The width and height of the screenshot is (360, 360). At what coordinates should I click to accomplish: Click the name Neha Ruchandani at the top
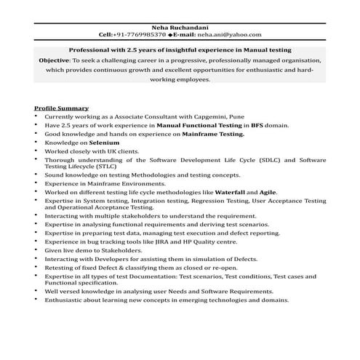(x=180, y=25)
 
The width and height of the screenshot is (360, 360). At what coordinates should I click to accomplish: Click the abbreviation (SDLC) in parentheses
(x=248, y=160)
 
